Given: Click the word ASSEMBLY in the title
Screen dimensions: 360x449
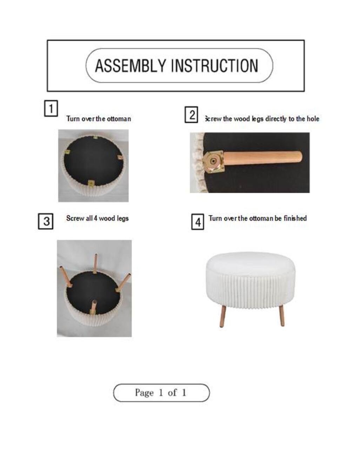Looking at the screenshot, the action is [131, 66].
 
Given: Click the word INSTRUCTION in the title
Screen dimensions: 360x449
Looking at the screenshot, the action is [214, 66].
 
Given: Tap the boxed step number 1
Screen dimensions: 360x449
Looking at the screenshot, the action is [51, 108].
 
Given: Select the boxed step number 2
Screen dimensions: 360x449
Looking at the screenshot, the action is [191, 115].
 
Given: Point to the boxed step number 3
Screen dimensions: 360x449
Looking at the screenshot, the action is [46, 221].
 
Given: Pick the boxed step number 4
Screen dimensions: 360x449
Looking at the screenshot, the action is [198, 222].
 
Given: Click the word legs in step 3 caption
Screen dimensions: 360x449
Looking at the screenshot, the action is [123, 219].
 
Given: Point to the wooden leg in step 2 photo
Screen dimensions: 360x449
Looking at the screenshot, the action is [262, 158].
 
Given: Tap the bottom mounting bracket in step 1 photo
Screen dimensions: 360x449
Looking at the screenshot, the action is [91, 183].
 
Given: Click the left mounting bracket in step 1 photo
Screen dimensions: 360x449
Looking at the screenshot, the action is [68, 153].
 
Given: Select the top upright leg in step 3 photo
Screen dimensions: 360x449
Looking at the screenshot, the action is [95, 263].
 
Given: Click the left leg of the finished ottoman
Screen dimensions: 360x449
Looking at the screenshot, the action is [223, 316].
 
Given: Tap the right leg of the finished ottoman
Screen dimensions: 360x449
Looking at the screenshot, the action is [281, 315].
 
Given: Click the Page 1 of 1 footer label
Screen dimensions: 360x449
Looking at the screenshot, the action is [161, 393].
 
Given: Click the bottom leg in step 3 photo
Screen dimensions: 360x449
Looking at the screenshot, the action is [93, 307].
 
